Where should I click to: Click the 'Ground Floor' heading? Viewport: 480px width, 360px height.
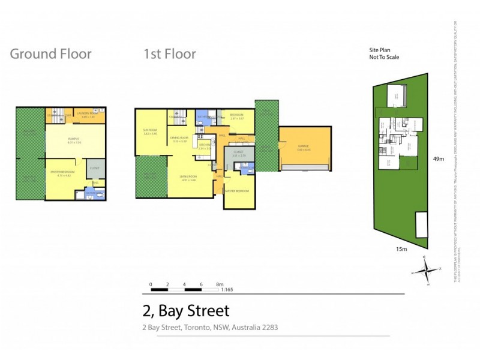point(51,54)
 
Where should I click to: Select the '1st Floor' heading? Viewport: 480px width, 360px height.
point(169,54)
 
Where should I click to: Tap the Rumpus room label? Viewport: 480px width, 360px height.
point(74,140)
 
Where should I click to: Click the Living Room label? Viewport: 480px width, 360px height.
point(188,178)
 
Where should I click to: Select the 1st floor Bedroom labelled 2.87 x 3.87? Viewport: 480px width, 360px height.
point(236,117)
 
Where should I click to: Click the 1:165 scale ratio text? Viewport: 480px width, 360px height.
point(227,290)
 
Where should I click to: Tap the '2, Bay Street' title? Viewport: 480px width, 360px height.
point(186,311)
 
